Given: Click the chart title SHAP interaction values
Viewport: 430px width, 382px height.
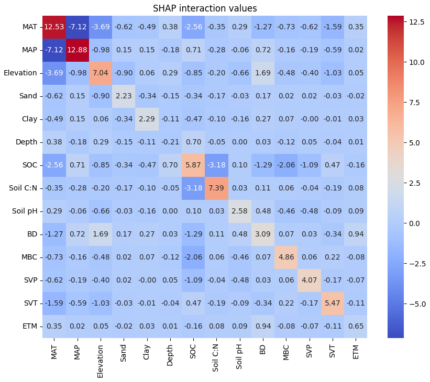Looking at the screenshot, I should coord(205,8).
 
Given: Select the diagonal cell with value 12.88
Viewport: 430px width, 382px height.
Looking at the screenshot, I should coord(77,50).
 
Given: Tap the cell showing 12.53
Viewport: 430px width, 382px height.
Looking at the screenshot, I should coord(54,27).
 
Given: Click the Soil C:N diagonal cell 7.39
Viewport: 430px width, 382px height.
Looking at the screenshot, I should coord(216,188).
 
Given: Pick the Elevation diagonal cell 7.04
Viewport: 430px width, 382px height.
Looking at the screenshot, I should coord(100,73).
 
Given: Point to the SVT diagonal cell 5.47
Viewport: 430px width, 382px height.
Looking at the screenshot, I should coord(332,303).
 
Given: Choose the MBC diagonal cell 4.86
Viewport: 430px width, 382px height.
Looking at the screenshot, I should coord(286,257).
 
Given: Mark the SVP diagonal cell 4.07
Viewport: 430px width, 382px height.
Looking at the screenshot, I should coord(309,280).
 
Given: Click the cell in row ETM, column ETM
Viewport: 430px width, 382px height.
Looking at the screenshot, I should coord(355,326).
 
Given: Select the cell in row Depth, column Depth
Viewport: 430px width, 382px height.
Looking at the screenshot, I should coord(170,142).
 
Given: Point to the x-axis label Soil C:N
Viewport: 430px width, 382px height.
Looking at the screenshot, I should coord(216,358).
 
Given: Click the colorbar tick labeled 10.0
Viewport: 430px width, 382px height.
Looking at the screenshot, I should coord(417,62).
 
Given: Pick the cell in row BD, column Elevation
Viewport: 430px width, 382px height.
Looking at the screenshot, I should coord(100,234).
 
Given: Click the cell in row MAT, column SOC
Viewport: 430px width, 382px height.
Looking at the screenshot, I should coord(193,27).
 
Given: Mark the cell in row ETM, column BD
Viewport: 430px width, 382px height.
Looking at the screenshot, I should coord(262,326).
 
